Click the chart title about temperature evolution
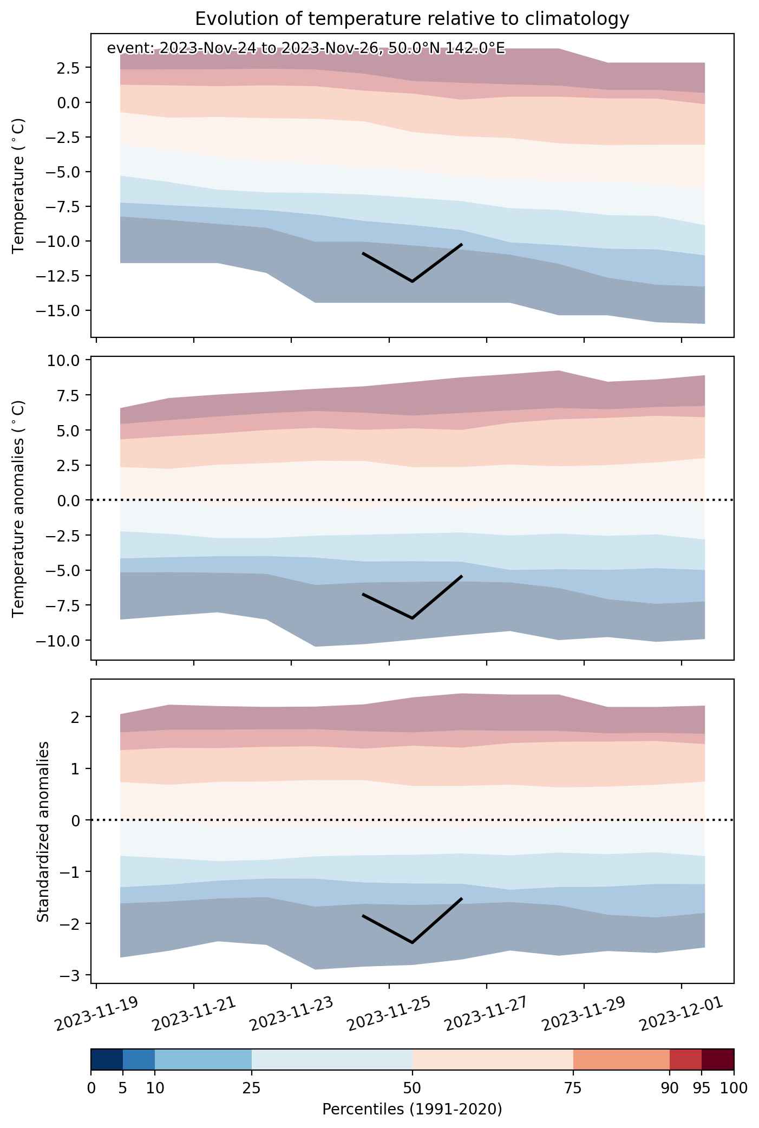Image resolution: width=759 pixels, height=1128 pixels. click(x=412, y=19)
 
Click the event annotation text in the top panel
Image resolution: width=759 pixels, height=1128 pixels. click(x=306, y=49)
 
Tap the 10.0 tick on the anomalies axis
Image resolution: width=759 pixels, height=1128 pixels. click(x=67, y=361)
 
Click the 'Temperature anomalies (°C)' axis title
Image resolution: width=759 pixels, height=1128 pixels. click(x=19, y=508)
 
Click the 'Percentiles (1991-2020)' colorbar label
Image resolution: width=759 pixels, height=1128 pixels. click(x=412, y=1110)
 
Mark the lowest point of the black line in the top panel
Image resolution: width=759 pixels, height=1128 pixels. click(x=413, y=282)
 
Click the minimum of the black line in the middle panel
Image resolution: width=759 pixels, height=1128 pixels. click(x=413, y=618)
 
